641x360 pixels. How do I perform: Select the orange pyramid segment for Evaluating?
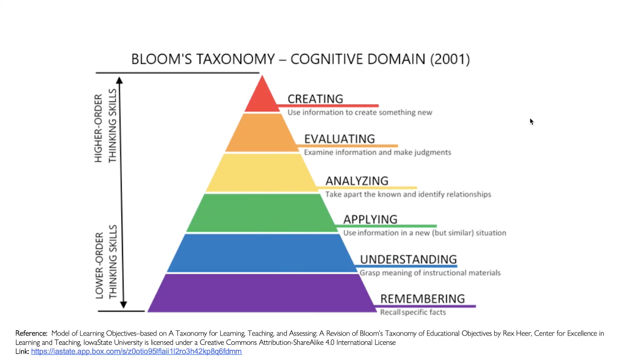(x=262, y=133)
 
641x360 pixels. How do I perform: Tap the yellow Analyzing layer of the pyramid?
(x=262, y=172)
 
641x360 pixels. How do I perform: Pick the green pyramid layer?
(x=262, y=213)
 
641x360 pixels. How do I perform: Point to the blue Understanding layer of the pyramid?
(x=262, y=252)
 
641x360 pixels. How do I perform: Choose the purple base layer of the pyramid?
(x=262, y=293)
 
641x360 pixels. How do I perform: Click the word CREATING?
(x=315, y=99)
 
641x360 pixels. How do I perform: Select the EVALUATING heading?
(x=339, y=139)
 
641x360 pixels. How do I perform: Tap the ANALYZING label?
(x=357, y=181)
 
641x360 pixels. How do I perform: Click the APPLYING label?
(x=370, y=219)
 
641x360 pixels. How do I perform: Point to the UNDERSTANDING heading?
(x=408, y=259)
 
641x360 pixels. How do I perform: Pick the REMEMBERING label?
(x=423, y=299)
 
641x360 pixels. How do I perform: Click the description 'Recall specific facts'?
(x=413, y=312)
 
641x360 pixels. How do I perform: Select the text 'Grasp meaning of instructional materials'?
(x=430, y=273)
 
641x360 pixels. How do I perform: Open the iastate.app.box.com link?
(x=136, y=352)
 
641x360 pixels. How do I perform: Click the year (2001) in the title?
(x=450, y=59)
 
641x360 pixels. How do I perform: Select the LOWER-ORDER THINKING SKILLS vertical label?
(x=106, y=261)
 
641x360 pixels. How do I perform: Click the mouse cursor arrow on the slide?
(x=531, y=121)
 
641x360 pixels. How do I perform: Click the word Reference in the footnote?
(x=31, y=333)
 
